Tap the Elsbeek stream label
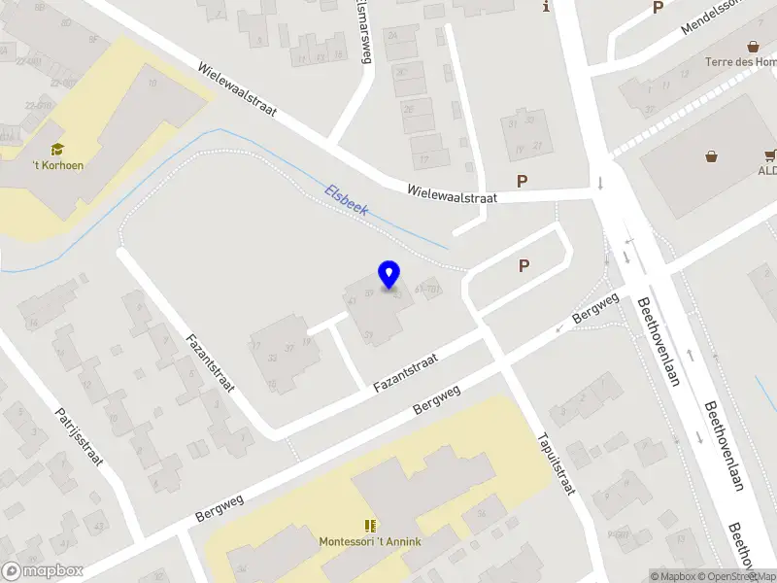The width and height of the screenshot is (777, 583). point(346,202)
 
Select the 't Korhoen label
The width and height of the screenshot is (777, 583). point(56,165)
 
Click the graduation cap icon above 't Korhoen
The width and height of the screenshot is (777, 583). point(57,149)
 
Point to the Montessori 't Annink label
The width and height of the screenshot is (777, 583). point(370,540)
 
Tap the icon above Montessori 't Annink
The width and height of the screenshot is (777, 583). point(370,525)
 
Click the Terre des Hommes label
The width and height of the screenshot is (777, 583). point(741,62)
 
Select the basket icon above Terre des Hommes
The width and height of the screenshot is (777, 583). point(753,46)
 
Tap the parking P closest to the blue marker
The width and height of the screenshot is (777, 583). point(524,265)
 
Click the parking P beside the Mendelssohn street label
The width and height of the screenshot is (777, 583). point(658,8)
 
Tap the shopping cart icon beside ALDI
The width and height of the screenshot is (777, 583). point(770,154)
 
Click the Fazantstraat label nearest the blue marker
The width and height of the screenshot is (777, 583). point(405,372)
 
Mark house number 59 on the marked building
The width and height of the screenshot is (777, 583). point(369,291)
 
